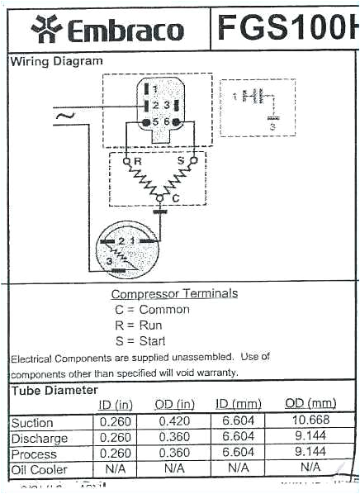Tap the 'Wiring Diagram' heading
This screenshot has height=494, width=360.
(56, 61)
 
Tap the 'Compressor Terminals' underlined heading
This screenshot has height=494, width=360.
(174, 293)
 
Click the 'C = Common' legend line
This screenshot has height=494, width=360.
(152, 310)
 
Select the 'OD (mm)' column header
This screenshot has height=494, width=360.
(310, 403)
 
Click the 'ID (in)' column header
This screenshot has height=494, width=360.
(116, 404)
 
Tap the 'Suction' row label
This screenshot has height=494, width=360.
(32, 423)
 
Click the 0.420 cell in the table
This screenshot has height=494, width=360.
(174, 422)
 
